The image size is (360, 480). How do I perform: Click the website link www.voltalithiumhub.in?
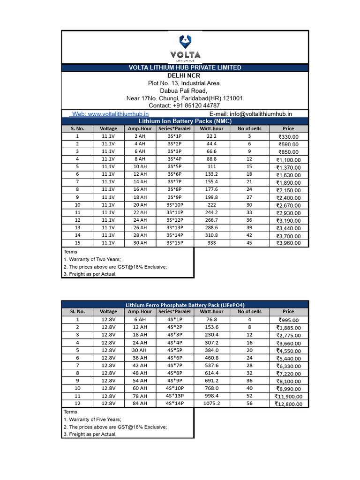tap(111, 113)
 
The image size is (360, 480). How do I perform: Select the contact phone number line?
tap(185, 105)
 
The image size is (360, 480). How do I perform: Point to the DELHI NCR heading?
tap(185, 75)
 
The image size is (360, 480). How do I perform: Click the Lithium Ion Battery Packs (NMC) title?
tap(185, 121)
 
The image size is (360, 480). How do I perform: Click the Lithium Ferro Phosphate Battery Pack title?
tap(185, 305)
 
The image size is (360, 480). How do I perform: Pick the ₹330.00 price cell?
tap(288, 137)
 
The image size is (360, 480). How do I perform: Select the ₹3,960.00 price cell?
tap(288, 243)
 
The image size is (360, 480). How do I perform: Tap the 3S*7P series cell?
tap(174, 182)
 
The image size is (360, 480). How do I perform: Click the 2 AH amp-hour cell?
tap(140, 136)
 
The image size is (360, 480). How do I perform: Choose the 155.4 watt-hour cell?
tap(211, 182)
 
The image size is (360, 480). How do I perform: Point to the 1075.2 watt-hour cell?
tap(211, 403)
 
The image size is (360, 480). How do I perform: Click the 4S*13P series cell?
tap(174, 396)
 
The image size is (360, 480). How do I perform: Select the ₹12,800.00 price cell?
tap(288, 404)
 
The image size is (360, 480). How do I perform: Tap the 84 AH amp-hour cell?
tap(140, 403)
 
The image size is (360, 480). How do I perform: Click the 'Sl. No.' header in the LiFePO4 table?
tap(77, 311)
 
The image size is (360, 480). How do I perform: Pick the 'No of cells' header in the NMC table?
tap(249, 128)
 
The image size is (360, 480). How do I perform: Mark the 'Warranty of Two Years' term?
tap(92, 259)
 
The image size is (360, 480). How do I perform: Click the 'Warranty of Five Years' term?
tap(92, 420)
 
